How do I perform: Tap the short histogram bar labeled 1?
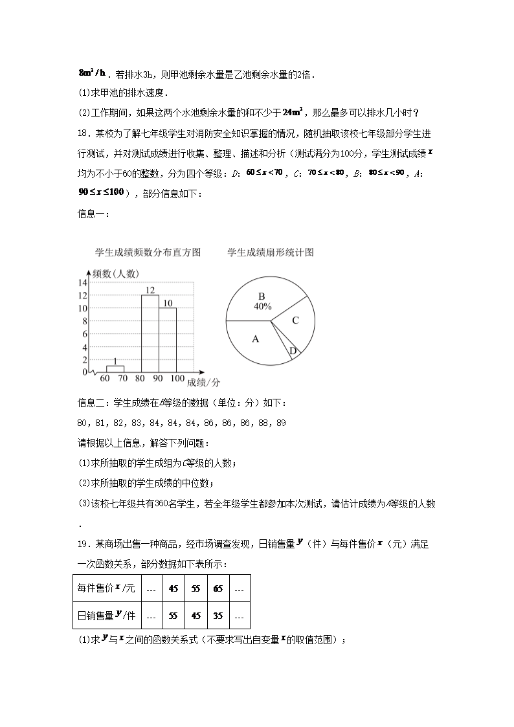(115, 368)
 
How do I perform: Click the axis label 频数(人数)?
(115, 273)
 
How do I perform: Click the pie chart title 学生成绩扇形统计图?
(271, 252)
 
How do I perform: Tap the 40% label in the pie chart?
(262, 306)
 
